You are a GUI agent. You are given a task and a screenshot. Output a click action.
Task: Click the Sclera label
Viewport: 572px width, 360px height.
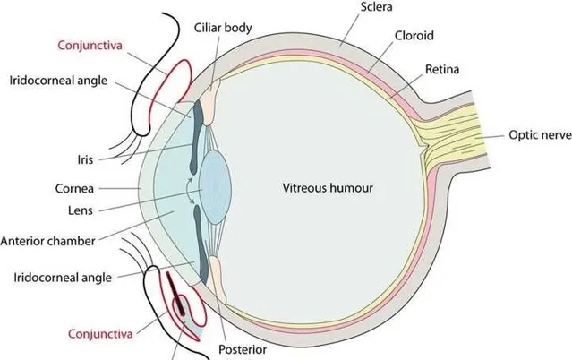[x=377, y=6]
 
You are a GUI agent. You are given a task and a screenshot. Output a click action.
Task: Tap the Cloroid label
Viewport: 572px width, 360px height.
[x=414, y=36]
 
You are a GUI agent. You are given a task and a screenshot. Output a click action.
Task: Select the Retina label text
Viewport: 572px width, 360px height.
[x=442, y=69]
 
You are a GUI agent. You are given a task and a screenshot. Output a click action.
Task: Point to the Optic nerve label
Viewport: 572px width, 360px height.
[x=541, y=134]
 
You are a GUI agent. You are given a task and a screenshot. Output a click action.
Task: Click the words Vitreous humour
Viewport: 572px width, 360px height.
[x=328, y=188]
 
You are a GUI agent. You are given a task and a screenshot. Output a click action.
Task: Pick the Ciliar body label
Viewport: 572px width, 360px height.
[x=223, y=28]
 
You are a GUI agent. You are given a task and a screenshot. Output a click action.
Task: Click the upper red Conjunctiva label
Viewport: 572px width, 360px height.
[x=90, y=46]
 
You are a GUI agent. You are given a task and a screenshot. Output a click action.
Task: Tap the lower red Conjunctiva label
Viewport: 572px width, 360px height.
[x=100, y=334]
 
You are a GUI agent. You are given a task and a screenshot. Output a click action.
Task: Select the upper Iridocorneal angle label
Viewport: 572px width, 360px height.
[x=59, y=81]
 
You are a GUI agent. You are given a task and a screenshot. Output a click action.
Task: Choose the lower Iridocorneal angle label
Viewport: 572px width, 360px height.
[x=63, y=278]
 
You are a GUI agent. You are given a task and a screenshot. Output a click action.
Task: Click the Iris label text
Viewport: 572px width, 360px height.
[x=85, y=159]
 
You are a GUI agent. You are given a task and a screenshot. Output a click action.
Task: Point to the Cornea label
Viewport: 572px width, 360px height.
[x=74, y=188]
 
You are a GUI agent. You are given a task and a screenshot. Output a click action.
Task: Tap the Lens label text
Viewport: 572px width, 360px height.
[x=81, y=210]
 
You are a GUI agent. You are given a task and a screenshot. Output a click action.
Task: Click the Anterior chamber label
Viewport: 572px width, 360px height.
[x=47, y=241]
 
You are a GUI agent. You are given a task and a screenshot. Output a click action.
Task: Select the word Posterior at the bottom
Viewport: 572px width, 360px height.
[x=243, y=349]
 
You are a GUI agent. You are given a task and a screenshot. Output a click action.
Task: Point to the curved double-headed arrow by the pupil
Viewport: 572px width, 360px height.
[x=187, y=190]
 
